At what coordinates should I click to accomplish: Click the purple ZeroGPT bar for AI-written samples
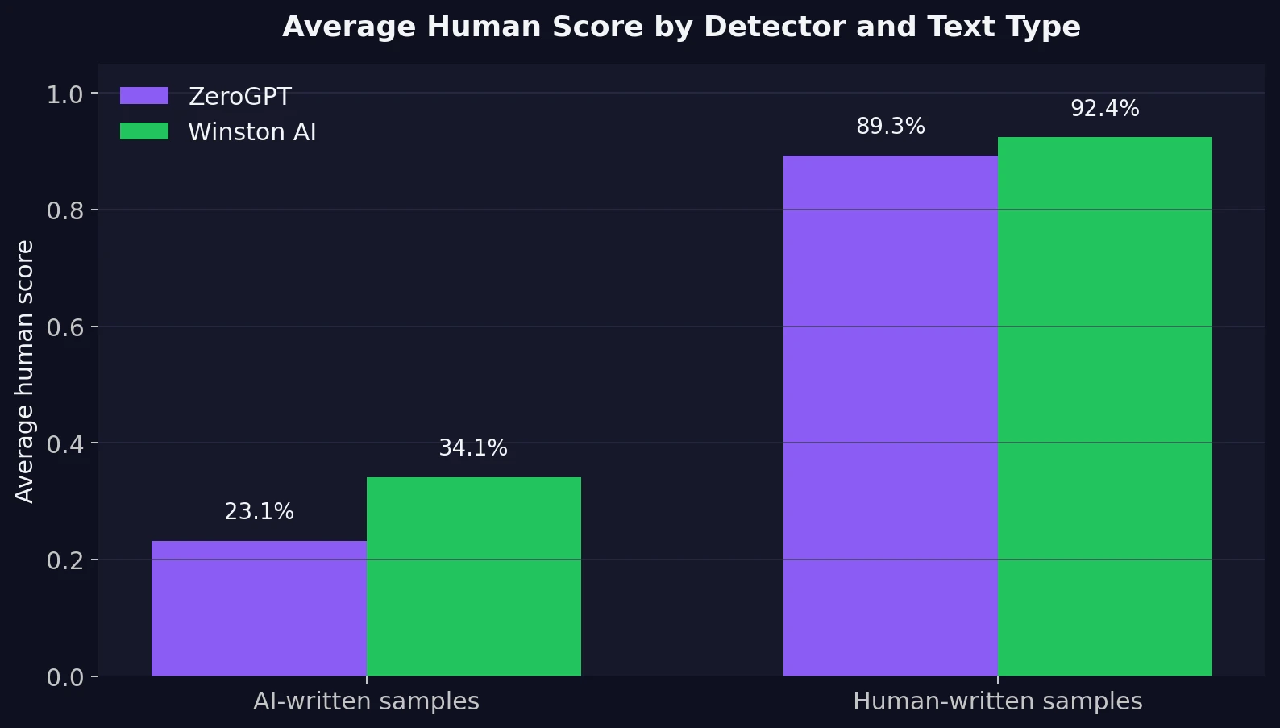[259, 609]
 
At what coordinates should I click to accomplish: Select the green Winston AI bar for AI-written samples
[474, 576]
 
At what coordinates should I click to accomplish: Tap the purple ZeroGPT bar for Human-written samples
[890, 415]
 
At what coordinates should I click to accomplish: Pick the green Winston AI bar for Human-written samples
[1105, 406]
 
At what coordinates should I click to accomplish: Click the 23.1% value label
[259, 512]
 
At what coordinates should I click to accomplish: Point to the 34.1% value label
[473, 448]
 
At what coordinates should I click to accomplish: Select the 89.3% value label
[890, 127]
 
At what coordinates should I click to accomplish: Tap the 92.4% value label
[1104, 109]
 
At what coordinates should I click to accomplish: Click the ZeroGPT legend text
[239, 97]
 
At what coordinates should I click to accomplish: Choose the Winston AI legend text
[251, 132]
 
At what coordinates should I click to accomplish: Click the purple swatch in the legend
[144, 96]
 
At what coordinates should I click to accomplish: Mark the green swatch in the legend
[144, 131]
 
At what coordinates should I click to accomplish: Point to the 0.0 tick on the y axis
[64, 677]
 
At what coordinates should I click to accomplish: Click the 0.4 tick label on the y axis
[64, 444]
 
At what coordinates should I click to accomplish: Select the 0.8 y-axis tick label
[64, 211]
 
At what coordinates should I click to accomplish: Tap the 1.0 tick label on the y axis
[64, 95]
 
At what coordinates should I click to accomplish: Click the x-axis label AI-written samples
[366, 701]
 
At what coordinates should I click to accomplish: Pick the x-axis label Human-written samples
[997, 701]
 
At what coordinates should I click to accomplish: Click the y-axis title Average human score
[25, 371]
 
